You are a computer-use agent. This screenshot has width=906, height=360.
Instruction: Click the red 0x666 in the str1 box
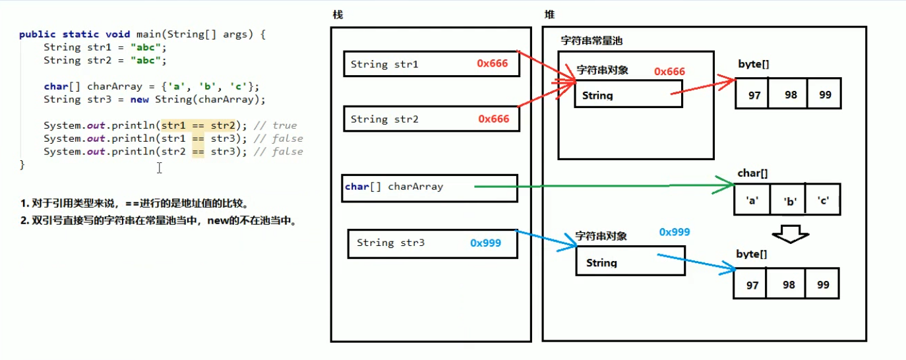(x=494, y=64)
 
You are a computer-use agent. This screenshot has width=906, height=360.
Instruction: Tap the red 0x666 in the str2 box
(x=494, y=119)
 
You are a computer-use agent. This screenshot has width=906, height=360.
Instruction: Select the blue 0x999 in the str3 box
(x=485, y=243)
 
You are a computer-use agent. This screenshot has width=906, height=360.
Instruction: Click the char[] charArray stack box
(x=429, y=187)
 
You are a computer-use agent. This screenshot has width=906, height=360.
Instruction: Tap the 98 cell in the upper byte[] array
(x=791, y=95)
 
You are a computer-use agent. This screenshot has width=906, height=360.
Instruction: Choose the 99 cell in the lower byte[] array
(x=822, y=285)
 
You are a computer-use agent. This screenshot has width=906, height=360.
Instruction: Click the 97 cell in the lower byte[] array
(x=751, y=285)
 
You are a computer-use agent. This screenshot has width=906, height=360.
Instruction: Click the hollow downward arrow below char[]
(x=789, y=234)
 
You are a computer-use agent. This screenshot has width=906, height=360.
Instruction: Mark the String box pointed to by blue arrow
(x=630, y=262)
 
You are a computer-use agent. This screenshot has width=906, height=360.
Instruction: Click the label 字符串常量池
(x=591, y=40)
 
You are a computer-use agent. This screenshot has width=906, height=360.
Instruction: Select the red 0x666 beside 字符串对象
(x=669, y=71)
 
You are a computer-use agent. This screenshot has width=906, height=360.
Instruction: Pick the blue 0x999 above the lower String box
(x=674, y=232)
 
